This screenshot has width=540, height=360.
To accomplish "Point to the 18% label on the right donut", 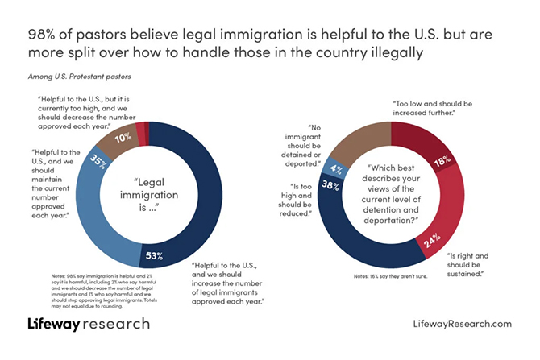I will pos(442,162).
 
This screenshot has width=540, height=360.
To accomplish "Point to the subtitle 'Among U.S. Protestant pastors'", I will pos(76,77).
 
